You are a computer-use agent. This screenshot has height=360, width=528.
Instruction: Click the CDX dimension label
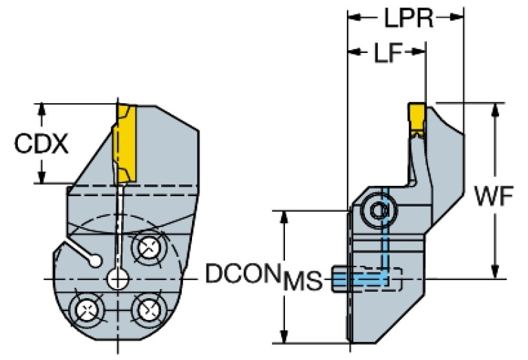click(41, 145)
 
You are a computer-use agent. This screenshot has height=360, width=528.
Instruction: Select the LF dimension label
click(388, 52)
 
